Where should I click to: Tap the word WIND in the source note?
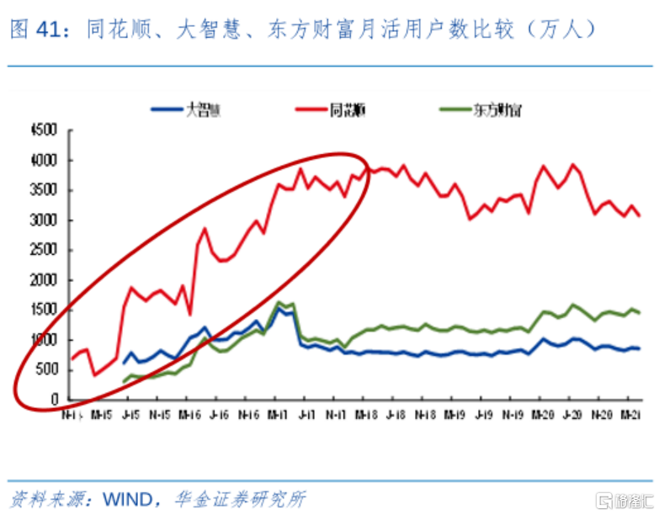(x=126, y=498)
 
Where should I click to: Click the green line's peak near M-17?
(x=279, y=302)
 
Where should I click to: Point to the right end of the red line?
(x=640, y=216)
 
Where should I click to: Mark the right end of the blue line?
(x=640, y=348)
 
